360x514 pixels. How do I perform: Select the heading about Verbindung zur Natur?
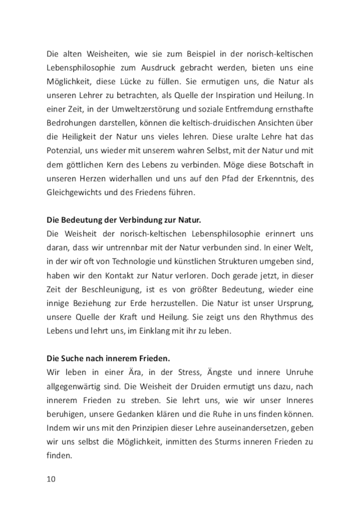tap(124, 220)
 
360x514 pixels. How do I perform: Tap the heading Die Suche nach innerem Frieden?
tap(108, 359)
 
